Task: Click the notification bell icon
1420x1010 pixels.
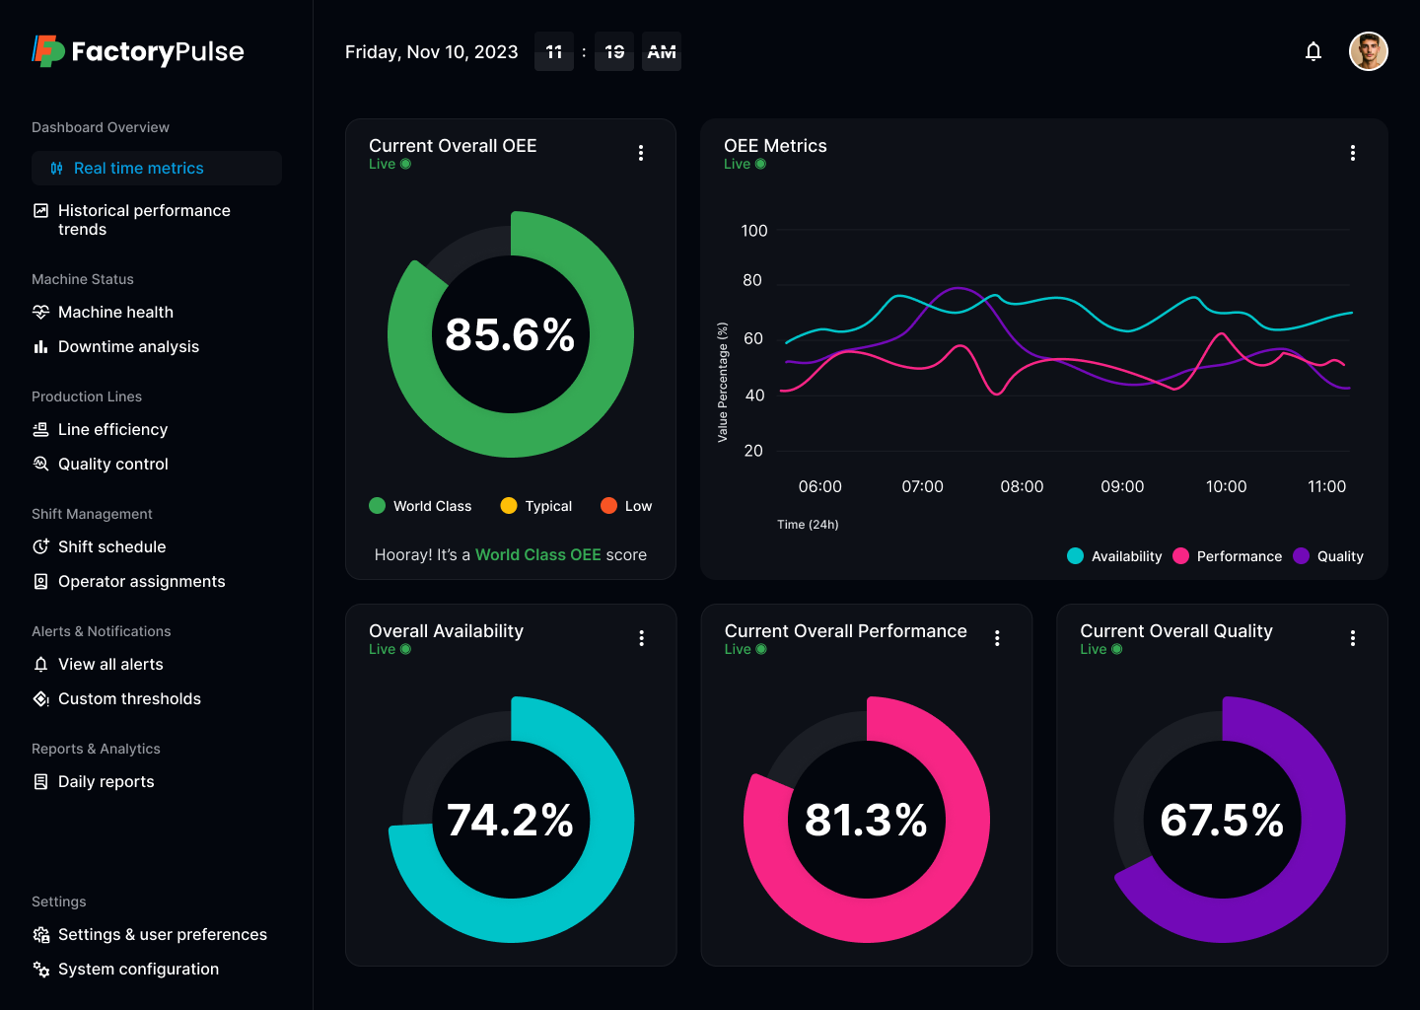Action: click(1313, 51)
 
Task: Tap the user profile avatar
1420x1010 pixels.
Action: click(1368, 51)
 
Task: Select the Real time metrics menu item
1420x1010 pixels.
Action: click(138, 169)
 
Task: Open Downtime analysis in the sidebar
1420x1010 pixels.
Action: click(128, 347)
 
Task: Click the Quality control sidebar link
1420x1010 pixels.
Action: click(112, 465)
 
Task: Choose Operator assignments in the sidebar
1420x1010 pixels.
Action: click(141, 582)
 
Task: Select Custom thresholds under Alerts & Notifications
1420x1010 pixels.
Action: click(129, 699)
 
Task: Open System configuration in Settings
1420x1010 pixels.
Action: click(138, 970)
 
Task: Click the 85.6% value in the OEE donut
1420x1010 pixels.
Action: click(510, 335)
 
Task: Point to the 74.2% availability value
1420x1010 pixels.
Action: click(510, 821)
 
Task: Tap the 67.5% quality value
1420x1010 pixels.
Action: click(1222, 821)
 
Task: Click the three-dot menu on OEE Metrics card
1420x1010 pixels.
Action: click(1352, 153)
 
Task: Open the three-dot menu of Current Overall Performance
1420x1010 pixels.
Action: click(997, 638)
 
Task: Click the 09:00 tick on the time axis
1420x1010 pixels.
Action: click(1122, 487)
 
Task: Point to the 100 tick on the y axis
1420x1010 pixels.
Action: click(753, 231)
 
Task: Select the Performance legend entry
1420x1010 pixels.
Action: click(1228, 556)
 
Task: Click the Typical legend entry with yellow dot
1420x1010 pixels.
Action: click(536, 506)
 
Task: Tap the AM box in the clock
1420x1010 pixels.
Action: click(662, 52)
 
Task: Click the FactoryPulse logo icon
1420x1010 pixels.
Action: click(46, 51)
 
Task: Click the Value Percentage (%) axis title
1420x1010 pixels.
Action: click(723, 382)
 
